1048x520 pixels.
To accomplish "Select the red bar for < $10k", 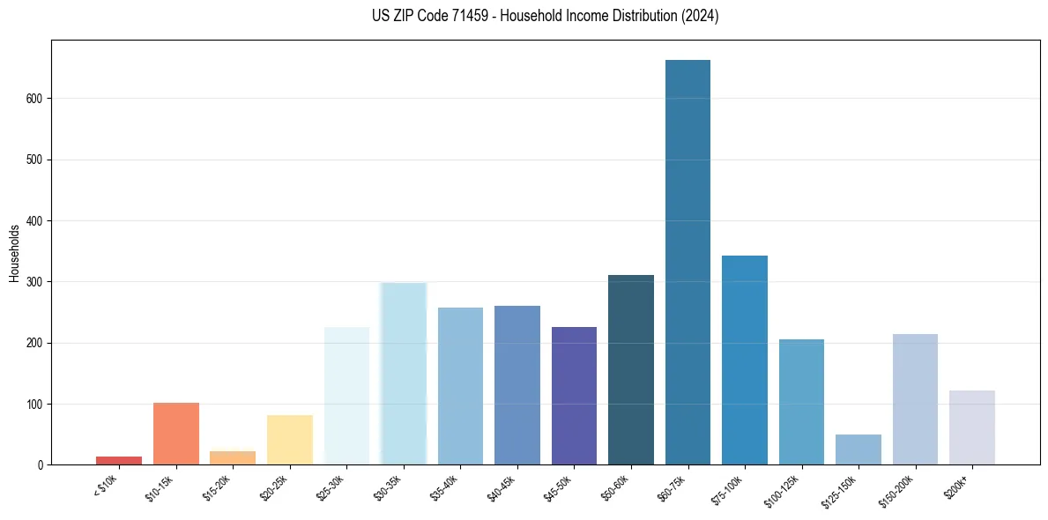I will click(119, 460).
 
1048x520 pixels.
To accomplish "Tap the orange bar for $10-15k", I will click(175, 433).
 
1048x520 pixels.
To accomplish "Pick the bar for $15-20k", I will click(233, 457).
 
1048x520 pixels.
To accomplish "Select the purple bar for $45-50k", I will click(574, 396).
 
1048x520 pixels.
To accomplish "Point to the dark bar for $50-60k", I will click(631, 369).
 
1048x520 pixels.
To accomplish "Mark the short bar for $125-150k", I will click(858, 449).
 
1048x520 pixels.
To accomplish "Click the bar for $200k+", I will click(972, 427).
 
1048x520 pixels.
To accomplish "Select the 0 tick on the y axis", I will click(42, 465).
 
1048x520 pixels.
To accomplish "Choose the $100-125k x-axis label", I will click(783, 490).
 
